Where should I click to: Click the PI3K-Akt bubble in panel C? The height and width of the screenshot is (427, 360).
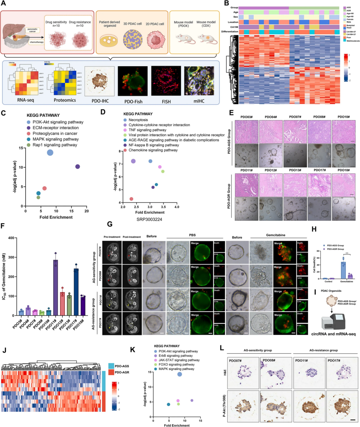tap(50, 153)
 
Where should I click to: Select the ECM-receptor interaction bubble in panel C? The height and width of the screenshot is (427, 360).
tap(78, 167)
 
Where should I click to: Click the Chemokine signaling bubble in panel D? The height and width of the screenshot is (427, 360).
tap(131, 199)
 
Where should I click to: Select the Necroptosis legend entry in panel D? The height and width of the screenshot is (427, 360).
tap(138, 119)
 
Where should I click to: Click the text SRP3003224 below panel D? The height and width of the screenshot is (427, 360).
tap(150, 220)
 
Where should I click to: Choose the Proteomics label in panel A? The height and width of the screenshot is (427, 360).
tap(65, 100)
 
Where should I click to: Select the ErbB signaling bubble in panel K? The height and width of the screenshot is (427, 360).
tap(192, 400)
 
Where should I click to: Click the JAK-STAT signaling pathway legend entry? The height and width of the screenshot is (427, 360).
tap(179, 360)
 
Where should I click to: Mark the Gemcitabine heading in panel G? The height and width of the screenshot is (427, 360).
tap(276, 235)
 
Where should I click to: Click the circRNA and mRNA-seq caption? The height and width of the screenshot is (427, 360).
tap(333, 334)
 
